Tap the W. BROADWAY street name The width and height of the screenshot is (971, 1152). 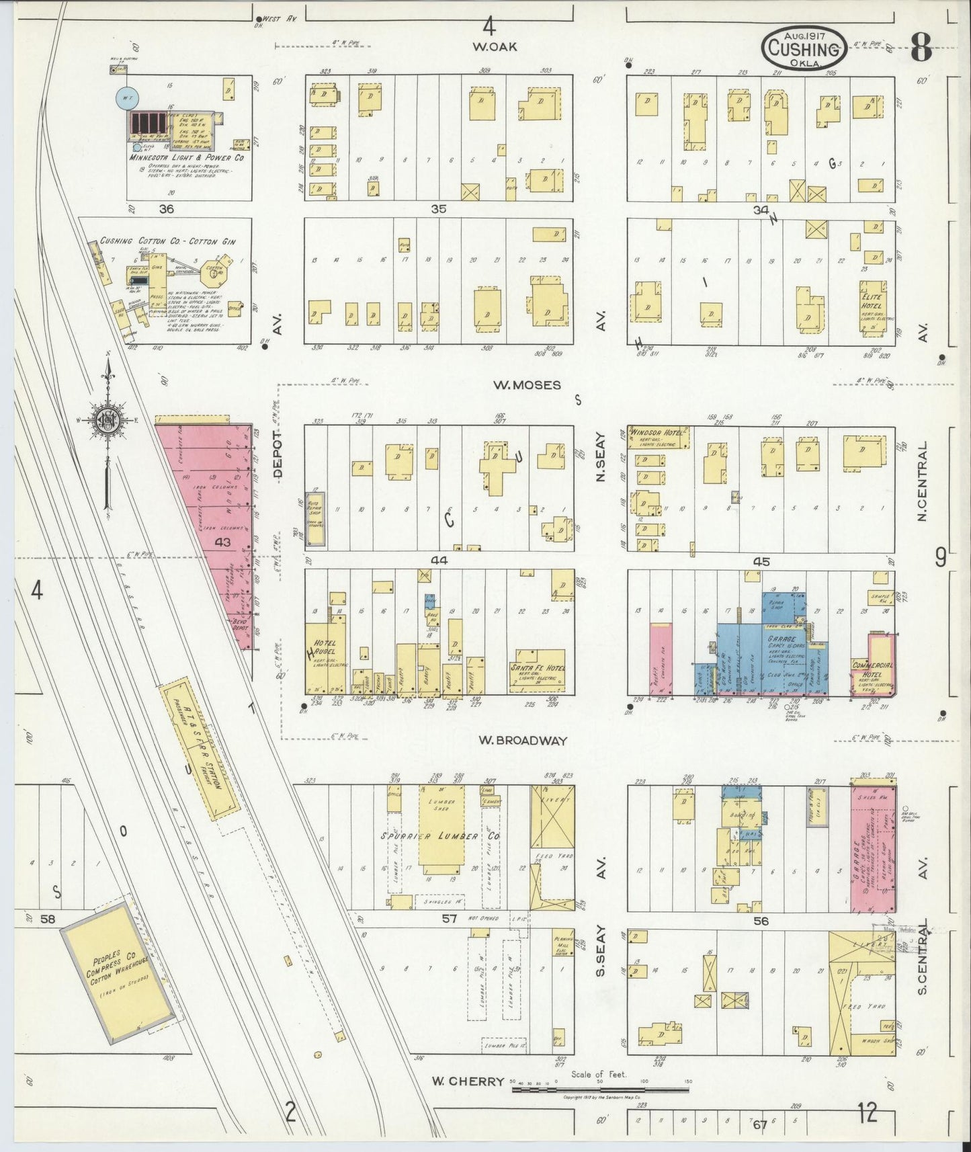(x=523, y=740)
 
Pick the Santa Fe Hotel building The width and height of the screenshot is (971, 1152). (x=540, y=671)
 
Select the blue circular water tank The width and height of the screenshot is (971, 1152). (x=125, y=98)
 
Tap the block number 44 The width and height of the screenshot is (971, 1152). (x=439, y=560)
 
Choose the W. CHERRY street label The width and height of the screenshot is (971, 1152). (x=468, y=1081)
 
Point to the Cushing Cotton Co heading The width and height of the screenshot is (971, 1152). (x=168, y=241)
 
